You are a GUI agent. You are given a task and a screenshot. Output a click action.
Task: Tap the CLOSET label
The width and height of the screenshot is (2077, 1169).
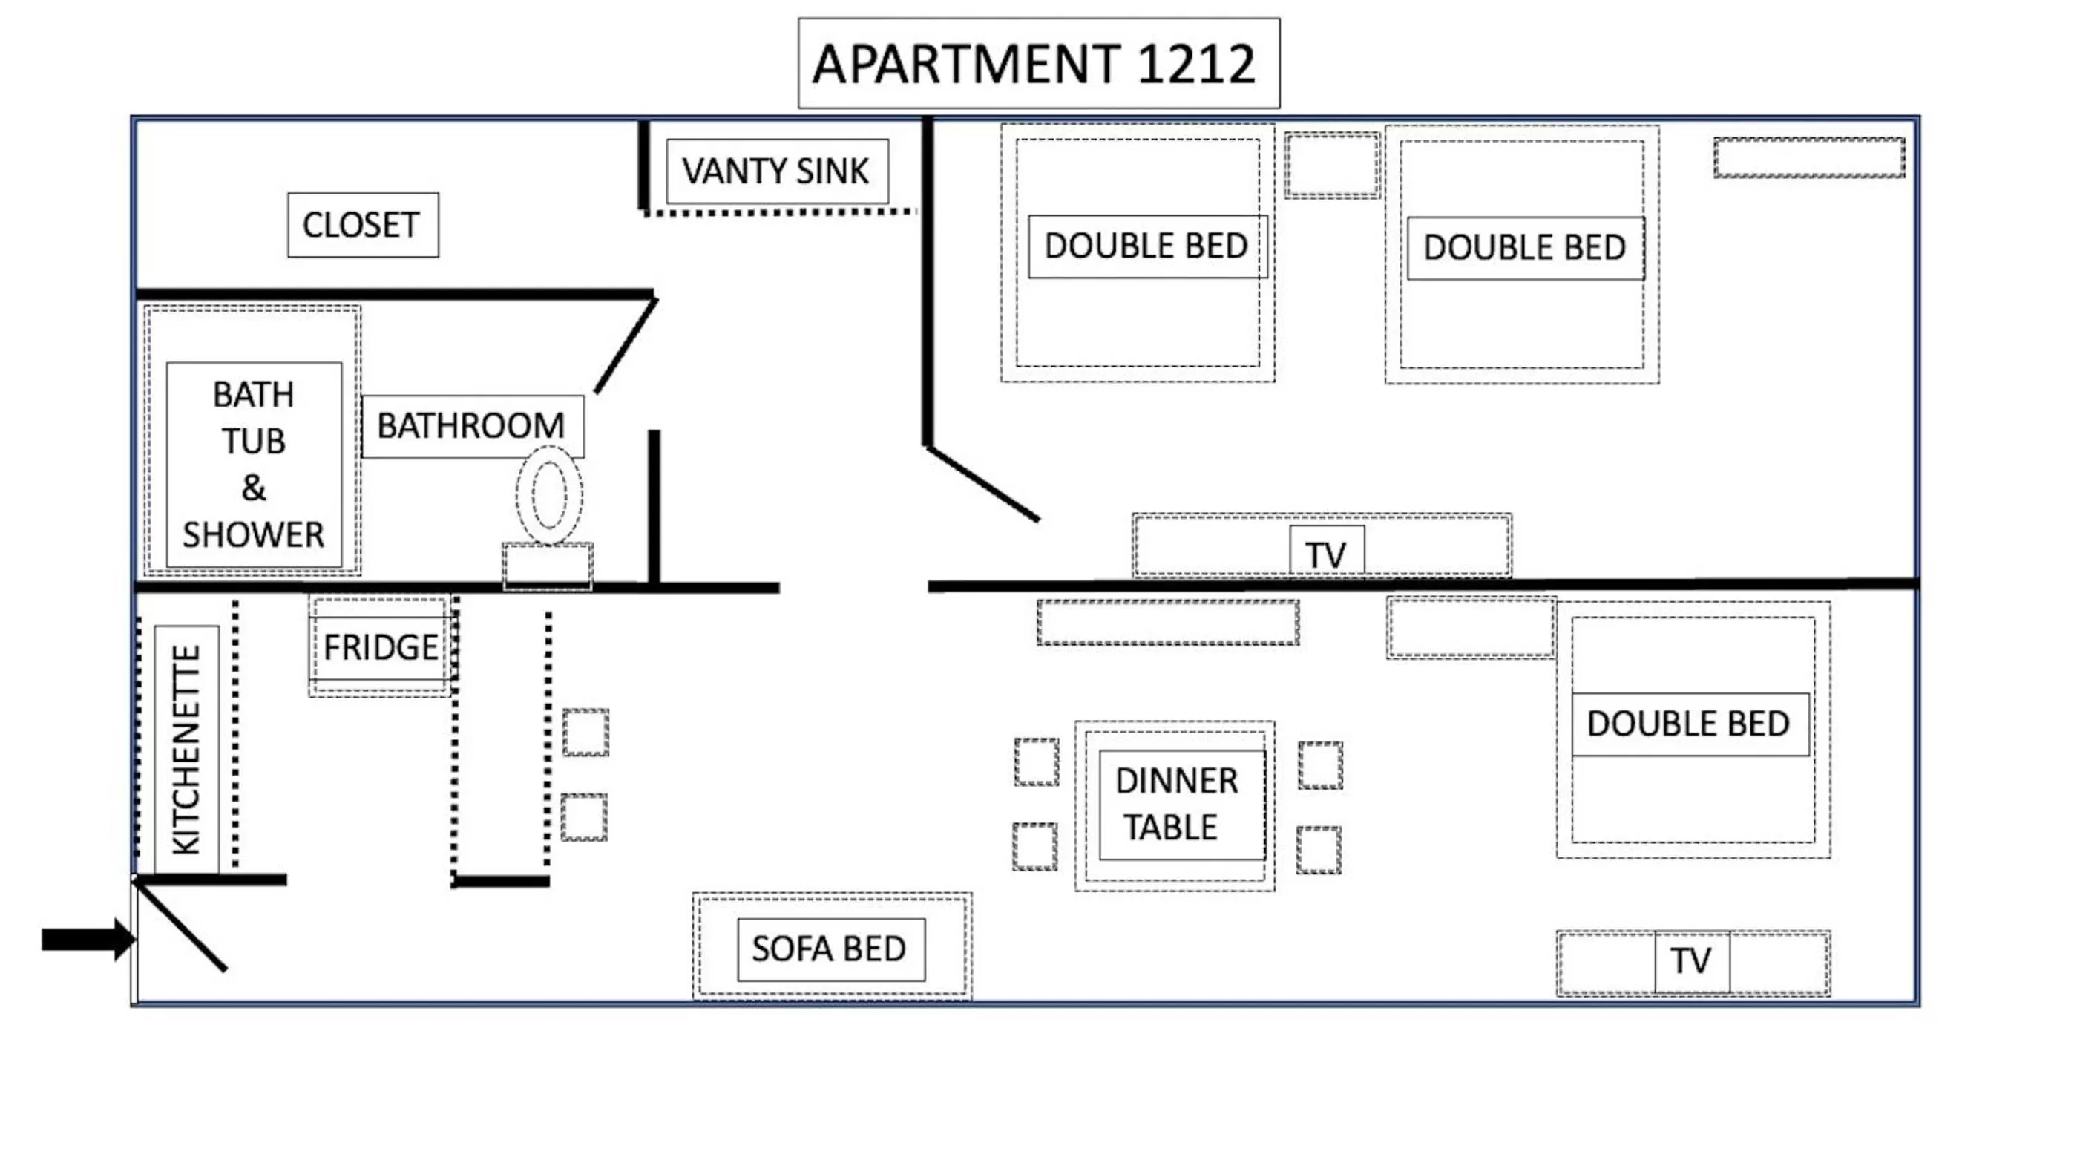pyautogui.click(x=363, y=225)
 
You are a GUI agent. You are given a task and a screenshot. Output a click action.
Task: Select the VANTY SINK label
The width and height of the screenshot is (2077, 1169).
pyautogui.click(x=777, y=171)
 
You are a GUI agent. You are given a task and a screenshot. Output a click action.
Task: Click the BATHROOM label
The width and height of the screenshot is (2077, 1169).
pyautogui.click(x=473, y=426)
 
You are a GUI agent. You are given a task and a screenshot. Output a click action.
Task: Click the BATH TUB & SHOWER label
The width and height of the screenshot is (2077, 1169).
pyautogui.click(x=253, y=465)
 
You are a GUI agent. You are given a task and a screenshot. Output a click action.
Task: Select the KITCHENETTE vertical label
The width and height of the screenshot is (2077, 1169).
pyautogui.click(x=186, y=749)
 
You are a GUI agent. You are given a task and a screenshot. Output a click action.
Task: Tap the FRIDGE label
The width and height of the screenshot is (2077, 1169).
pyautogui.click(x=380, y=646)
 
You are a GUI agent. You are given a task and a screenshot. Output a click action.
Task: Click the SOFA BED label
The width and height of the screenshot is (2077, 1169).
pyautogui.click(x=830, y=949)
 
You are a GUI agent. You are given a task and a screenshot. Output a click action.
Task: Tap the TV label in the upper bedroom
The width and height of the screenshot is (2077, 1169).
pyautogui.click(x=1326, y=553)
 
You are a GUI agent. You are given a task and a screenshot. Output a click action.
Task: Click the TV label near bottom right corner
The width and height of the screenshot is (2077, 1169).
pyautogui.click(x=1691, y=960)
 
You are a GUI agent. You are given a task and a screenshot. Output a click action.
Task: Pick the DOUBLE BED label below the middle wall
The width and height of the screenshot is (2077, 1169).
pyautogui.click(x=1689, y=723)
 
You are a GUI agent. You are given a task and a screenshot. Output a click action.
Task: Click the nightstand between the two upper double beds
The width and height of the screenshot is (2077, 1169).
pyautogui.click(x=1332, y=166)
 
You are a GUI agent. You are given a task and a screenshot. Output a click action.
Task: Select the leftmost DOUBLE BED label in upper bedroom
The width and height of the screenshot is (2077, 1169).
pyautogui.click(x=1146, y=246)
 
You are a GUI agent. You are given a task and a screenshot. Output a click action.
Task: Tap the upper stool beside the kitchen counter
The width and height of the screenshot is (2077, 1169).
pyautogui.click(x=585, y=732)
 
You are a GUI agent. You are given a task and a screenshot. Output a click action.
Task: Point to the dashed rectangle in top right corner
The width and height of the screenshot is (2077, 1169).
pyautogui.click(x=1808, y=157)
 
